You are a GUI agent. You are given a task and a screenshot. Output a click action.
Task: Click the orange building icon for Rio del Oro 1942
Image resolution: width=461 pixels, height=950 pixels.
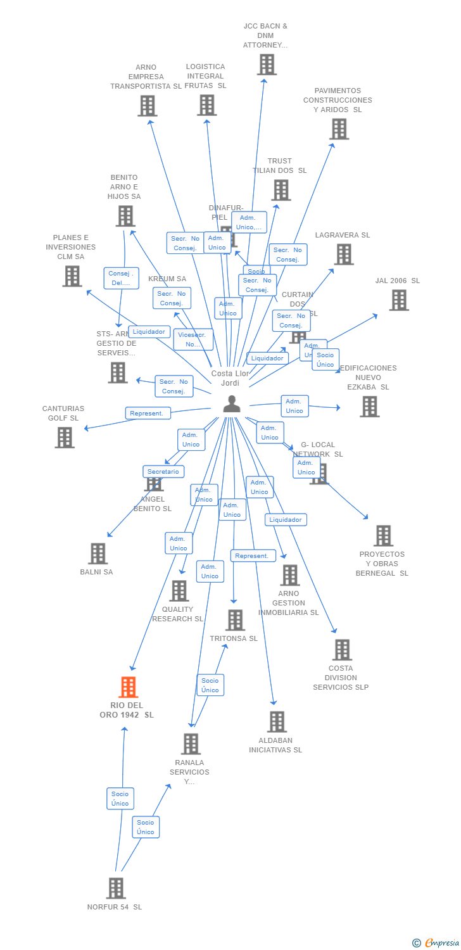[x=128, y=687]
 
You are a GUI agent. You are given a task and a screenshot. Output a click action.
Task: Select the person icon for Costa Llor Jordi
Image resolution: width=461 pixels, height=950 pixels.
[x=232, y=403]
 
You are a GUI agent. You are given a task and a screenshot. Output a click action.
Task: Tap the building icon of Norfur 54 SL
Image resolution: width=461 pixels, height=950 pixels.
[x=115, y=888]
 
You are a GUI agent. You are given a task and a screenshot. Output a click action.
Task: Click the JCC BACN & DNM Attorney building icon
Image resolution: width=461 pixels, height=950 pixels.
[x=267, y=65]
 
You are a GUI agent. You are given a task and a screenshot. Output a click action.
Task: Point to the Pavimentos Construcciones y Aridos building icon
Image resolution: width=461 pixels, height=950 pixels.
[x=339, y=129]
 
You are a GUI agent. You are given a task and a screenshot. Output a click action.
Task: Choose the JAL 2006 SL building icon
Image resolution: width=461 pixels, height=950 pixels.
[x=398, y=300]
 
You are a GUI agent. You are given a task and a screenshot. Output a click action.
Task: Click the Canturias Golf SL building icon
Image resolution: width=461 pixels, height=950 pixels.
[x=65, y=437]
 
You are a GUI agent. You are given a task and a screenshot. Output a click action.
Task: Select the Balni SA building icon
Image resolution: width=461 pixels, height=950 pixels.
[x=98, y=554]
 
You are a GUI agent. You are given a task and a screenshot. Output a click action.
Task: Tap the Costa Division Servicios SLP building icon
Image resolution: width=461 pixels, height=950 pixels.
[x=342, y=650]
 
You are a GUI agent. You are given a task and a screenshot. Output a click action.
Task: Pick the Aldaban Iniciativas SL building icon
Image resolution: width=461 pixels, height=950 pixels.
[x=277, y=721]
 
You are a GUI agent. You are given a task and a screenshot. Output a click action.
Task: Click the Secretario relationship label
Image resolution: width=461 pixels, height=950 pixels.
[x=163, y=471]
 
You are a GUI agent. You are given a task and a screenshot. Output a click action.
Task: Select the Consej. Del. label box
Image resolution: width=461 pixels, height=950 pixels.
[x=121, y=278]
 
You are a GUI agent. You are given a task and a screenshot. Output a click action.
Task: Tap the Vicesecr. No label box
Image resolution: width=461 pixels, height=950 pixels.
[x=193, y=339]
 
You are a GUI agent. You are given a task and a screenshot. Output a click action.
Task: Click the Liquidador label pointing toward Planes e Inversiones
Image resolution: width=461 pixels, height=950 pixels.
[x=149, y=331]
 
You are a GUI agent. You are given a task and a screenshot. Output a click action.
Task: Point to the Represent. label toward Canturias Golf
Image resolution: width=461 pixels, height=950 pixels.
[x=148, y=413]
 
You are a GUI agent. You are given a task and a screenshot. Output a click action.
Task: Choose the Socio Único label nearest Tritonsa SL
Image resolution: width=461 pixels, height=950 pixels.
[x=210, y=685]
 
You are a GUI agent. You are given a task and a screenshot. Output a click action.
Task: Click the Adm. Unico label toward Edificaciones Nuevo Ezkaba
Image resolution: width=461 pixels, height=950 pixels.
[x=294, y=406]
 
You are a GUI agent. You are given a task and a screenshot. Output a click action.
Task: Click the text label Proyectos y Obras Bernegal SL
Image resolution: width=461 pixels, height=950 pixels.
[x=382, y=564]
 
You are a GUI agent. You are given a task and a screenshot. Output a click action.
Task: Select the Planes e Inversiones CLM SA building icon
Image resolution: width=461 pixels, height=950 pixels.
[x=72, y=276]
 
